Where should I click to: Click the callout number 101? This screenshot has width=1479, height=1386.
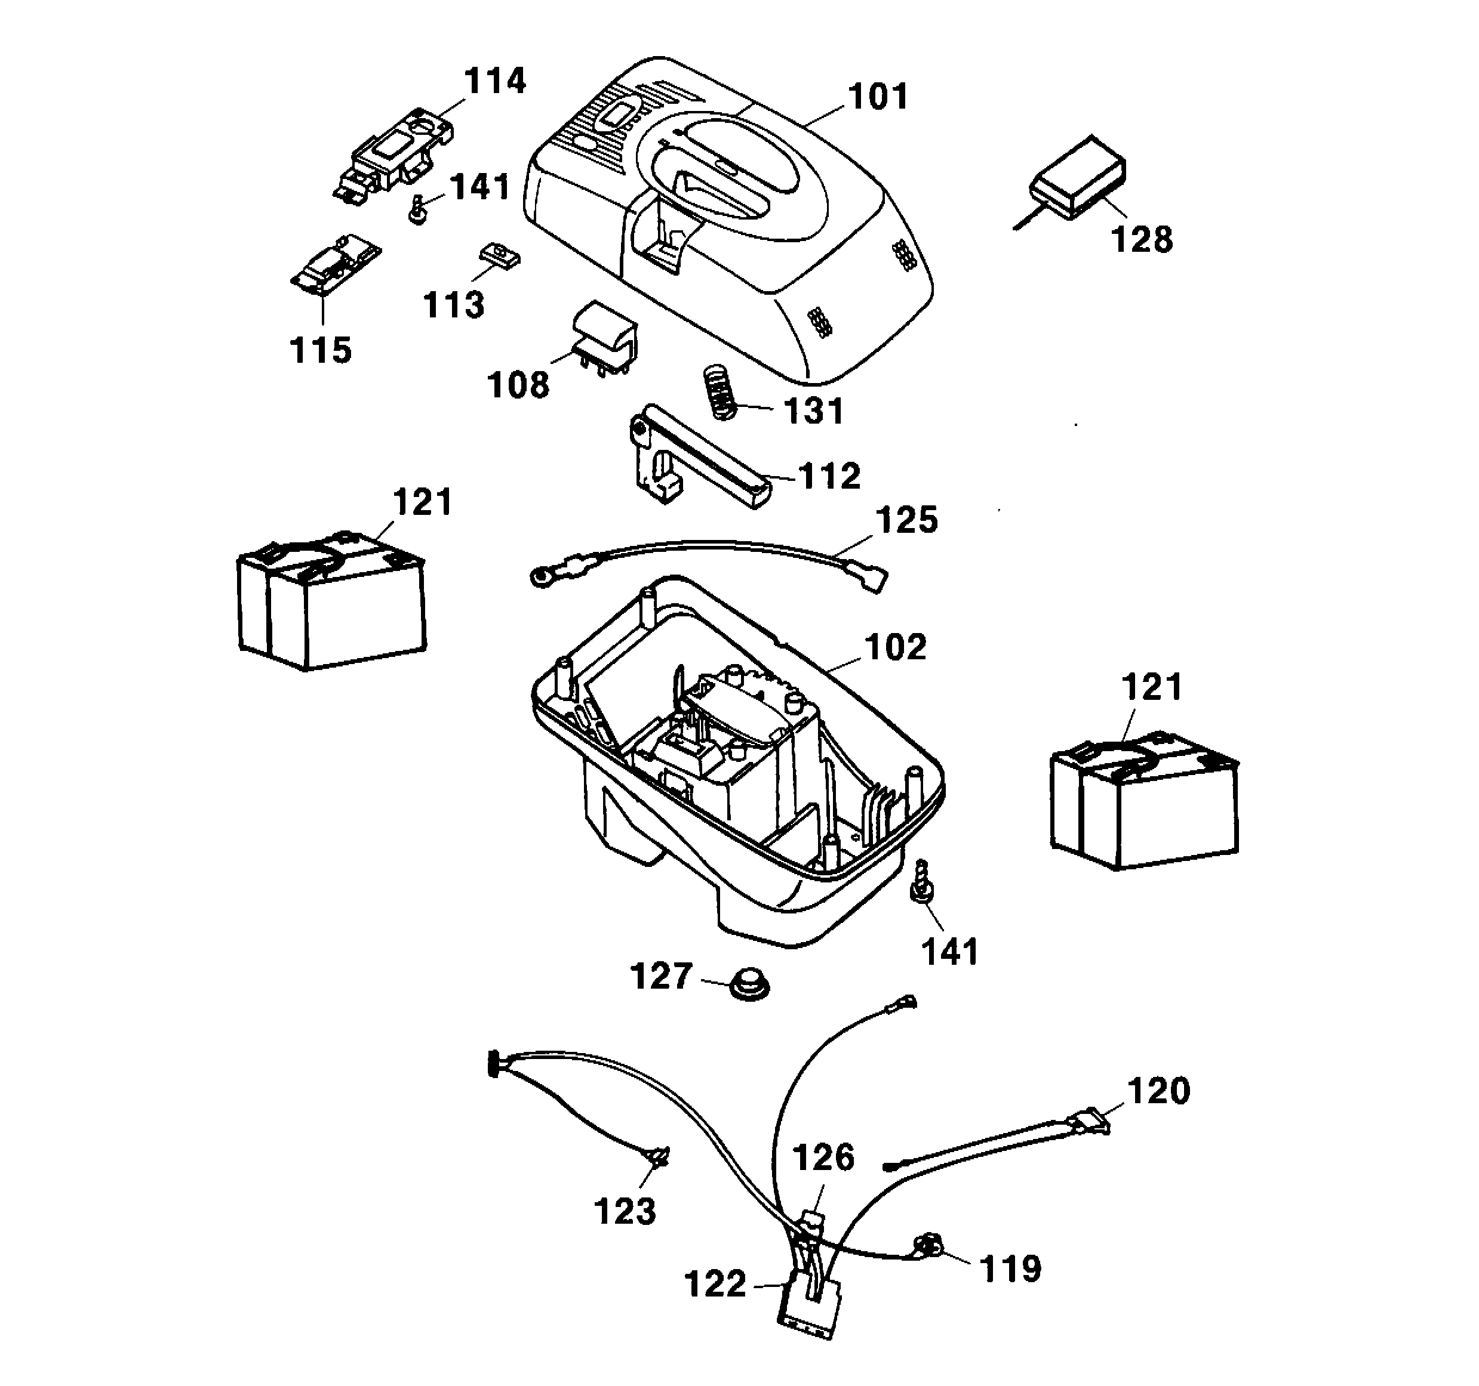[x=878, y=97]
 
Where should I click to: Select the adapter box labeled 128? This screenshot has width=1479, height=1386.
[x=1079, y=178]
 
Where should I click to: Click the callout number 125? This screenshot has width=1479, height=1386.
[x=906, y=520]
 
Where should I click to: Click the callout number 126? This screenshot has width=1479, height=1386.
[x=823, y=1157]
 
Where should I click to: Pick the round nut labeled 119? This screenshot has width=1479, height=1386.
[x=927, y=1244]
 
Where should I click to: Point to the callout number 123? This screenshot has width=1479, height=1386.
[x=625, y=1211]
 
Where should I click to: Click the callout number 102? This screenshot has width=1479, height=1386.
[x=896, y=647]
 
